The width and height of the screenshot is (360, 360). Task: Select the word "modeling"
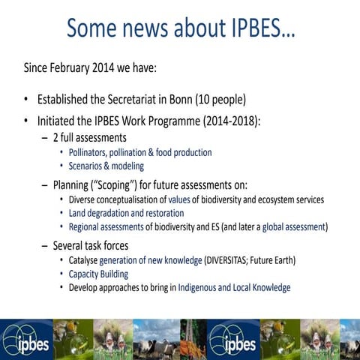click(x=127, y=166)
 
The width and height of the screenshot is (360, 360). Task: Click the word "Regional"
click(x=86, y=226)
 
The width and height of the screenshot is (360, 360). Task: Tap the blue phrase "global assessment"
click(x=295, y=226)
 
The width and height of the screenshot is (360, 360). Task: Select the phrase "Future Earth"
click(x=274, y=260)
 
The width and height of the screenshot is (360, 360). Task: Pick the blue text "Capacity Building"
click(x=98, y=274)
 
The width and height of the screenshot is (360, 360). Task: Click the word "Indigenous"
click(x=202, y=287)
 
